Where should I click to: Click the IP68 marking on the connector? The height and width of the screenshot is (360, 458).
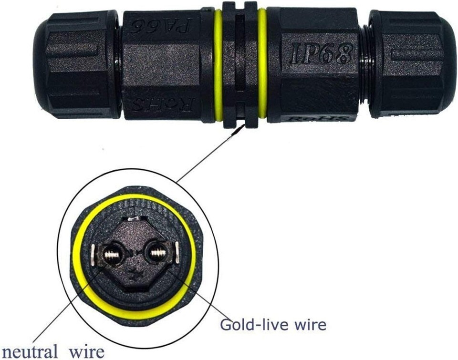point(321,53)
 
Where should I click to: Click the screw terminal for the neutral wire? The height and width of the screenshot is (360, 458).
point(113,254)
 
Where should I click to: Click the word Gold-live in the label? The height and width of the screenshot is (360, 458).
point(251,325)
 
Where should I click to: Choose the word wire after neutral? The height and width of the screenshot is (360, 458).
point(86,352)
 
